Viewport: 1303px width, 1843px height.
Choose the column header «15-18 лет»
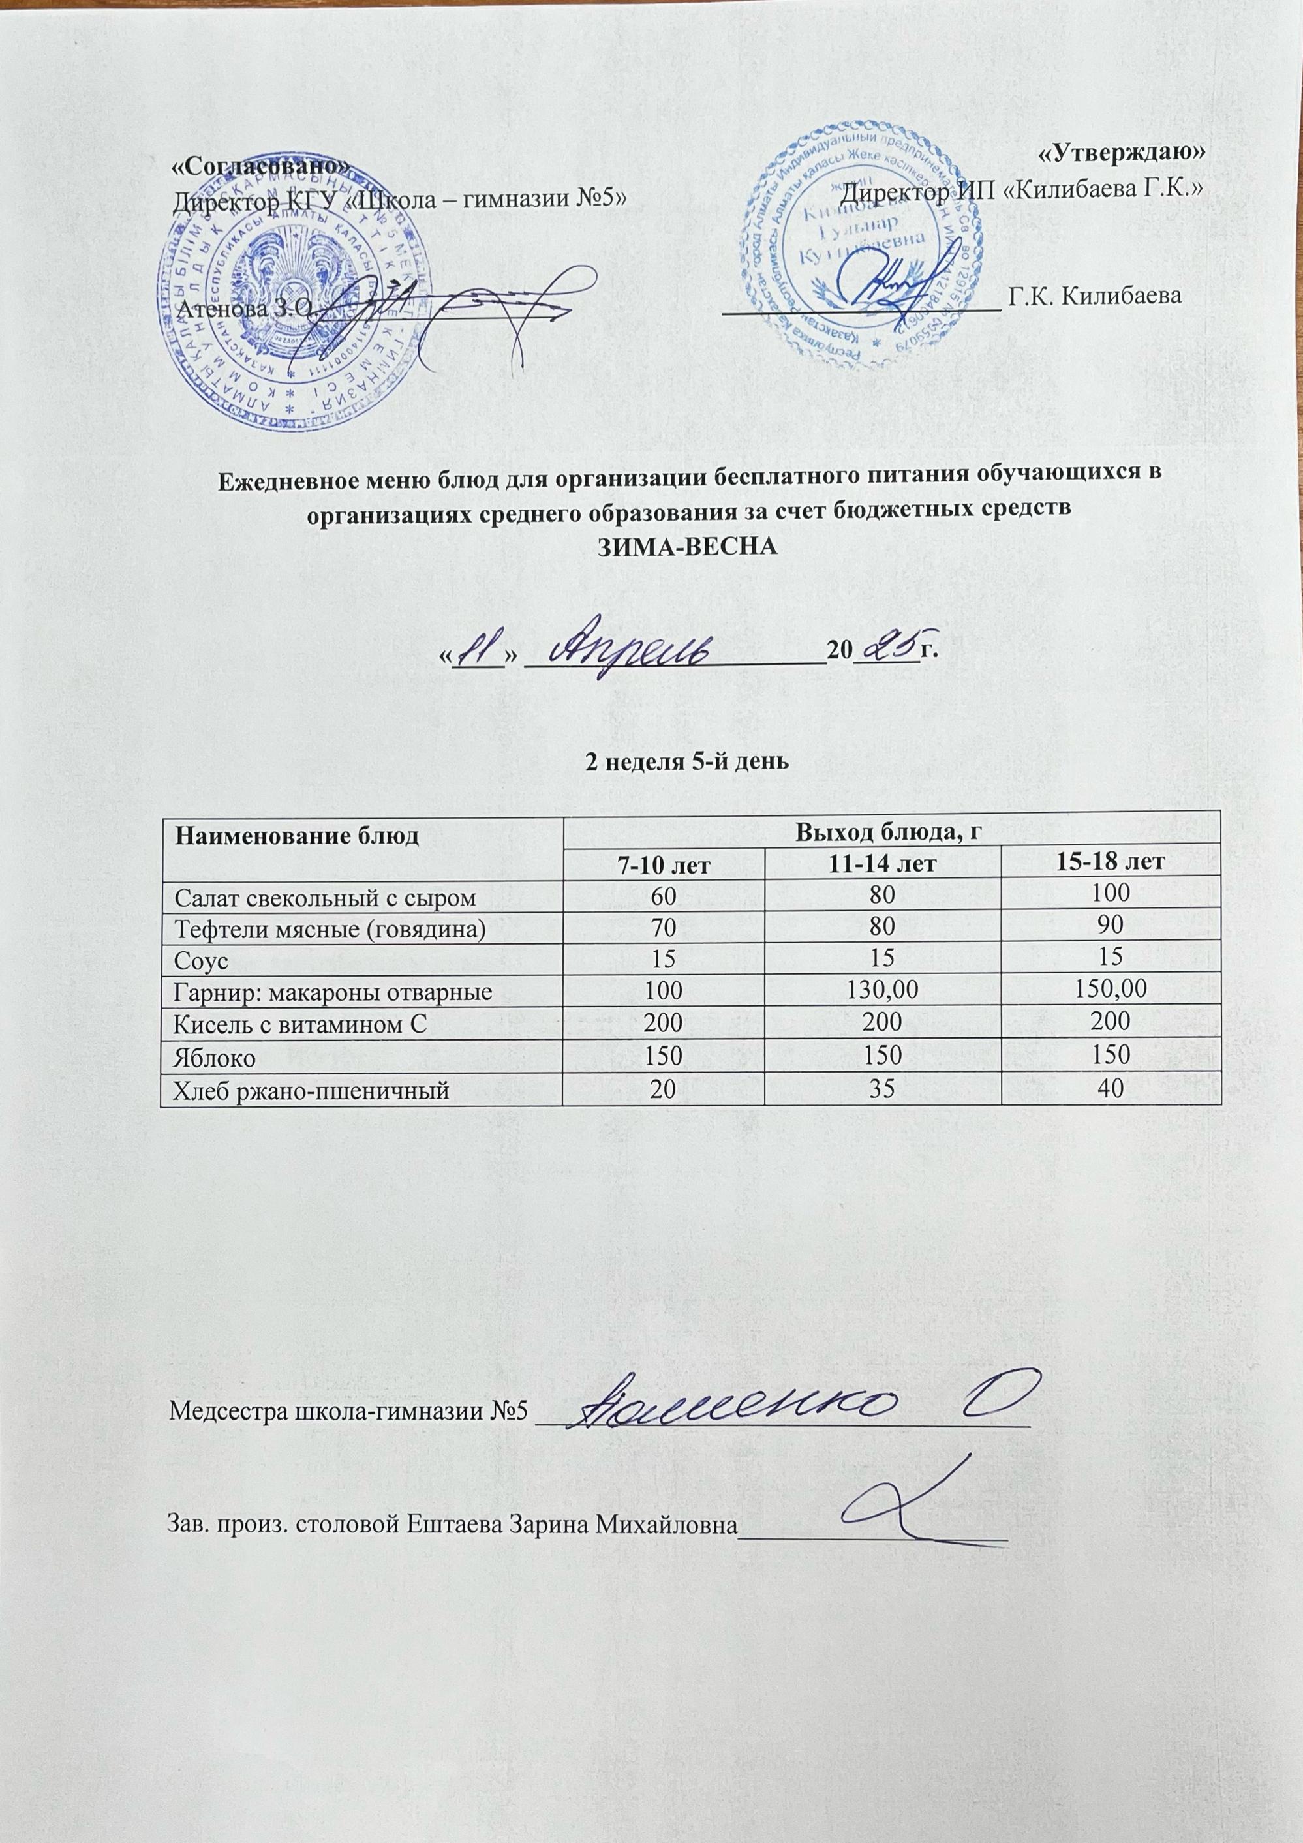click(1111, 864)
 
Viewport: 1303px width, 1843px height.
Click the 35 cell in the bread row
click(881, 1090)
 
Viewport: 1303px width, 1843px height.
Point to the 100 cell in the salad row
click(1111, 892)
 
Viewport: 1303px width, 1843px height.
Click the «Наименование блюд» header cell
click(298, 835)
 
